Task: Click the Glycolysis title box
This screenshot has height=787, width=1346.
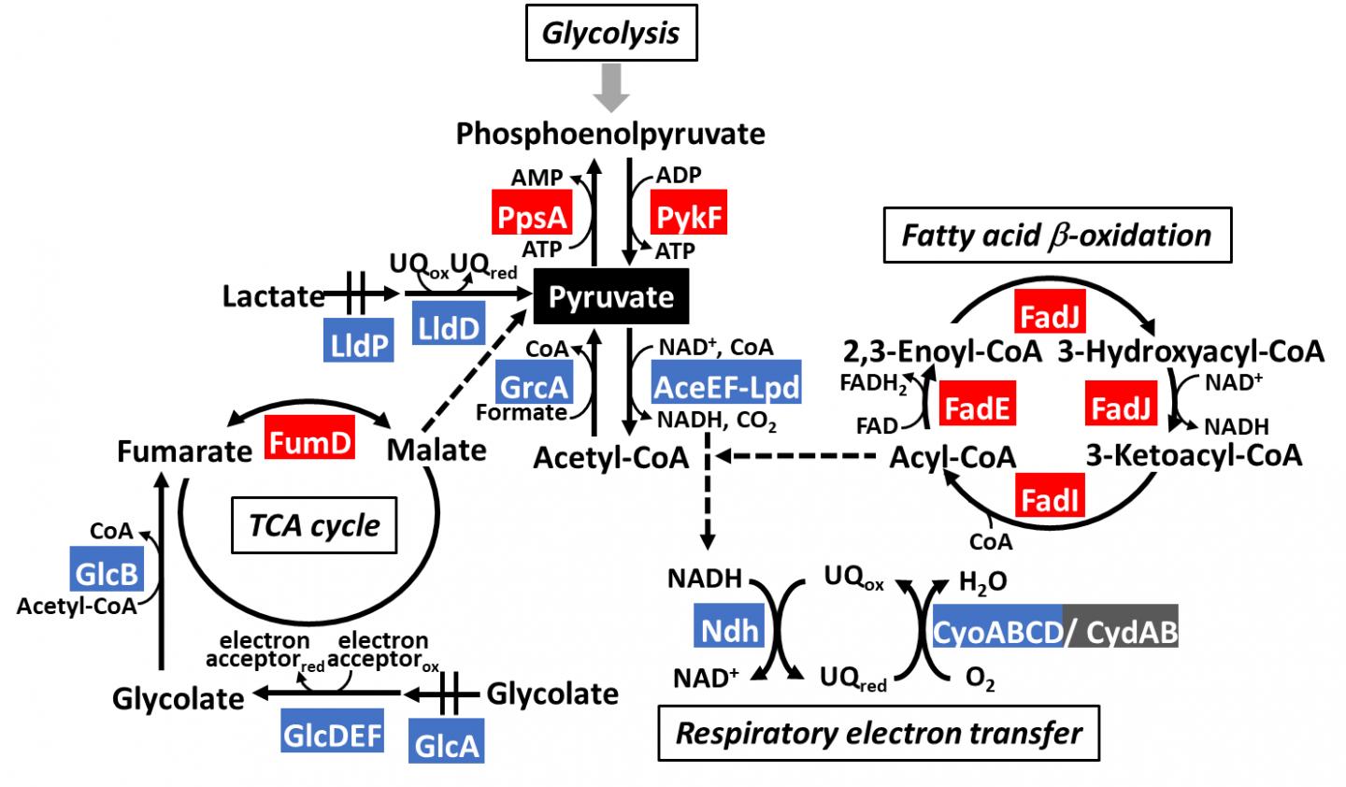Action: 611,36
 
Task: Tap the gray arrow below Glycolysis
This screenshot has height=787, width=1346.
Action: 611,91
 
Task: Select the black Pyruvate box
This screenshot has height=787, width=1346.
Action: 610,297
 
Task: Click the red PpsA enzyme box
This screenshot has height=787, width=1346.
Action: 531,217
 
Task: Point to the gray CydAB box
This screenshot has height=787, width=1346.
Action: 1121,632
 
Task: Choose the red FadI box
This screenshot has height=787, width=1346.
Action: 1052,500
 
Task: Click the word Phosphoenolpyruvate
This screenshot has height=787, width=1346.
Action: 610,134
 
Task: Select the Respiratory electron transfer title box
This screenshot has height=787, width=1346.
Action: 879,733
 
